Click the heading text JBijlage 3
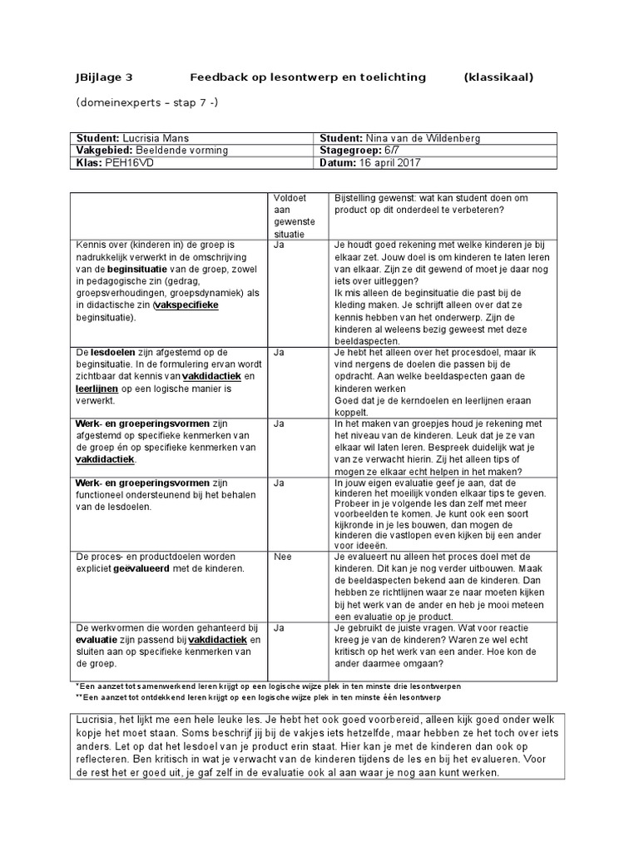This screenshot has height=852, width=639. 104,77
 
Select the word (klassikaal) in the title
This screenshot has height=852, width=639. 498,77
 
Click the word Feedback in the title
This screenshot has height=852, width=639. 217,77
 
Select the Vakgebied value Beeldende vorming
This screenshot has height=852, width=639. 182,151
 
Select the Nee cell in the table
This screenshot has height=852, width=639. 283,556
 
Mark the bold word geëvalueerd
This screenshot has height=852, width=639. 153,569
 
